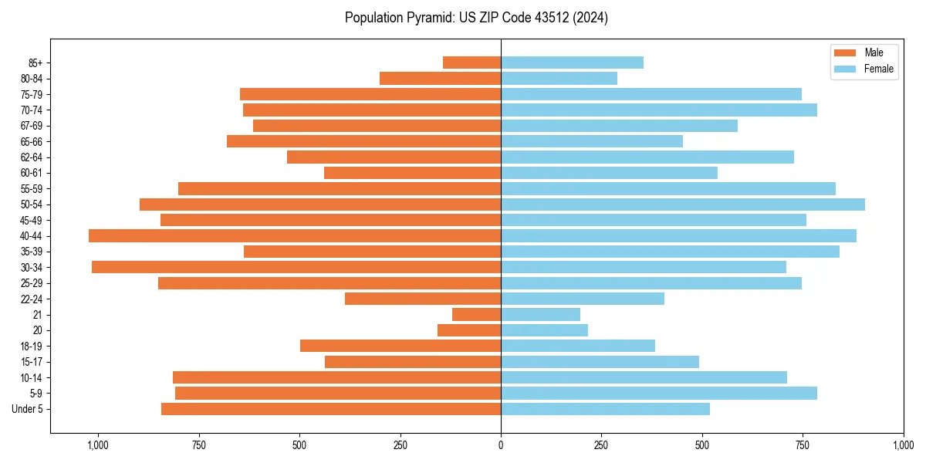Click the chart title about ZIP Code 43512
(476, 18)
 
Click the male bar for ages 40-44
(295, 236)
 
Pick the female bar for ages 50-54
(683, 204)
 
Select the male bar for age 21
(476, 315)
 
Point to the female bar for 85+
(572, 63)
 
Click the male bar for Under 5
(331, 409)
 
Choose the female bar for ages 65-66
(592, 141)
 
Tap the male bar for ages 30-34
(296, 267)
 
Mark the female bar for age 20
(544, 330)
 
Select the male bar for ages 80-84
(440, 78)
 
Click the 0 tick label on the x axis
(501, 445)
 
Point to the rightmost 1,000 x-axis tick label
(903, 445)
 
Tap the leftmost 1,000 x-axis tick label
(98, 445)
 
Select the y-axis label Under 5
(28, 409)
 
